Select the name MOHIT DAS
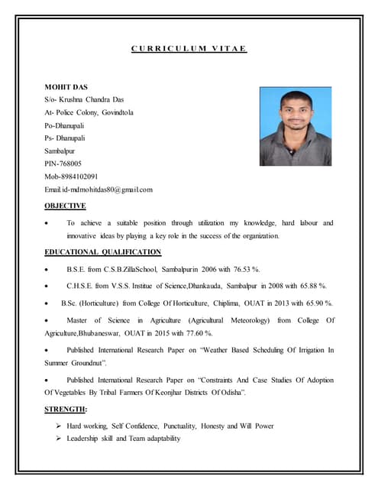(x=66, y=87)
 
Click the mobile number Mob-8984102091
(x=72, y=176)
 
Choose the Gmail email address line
(x=99, y=189)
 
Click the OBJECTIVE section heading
(x=66, y=206)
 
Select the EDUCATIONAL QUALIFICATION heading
(x=103, y=251)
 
